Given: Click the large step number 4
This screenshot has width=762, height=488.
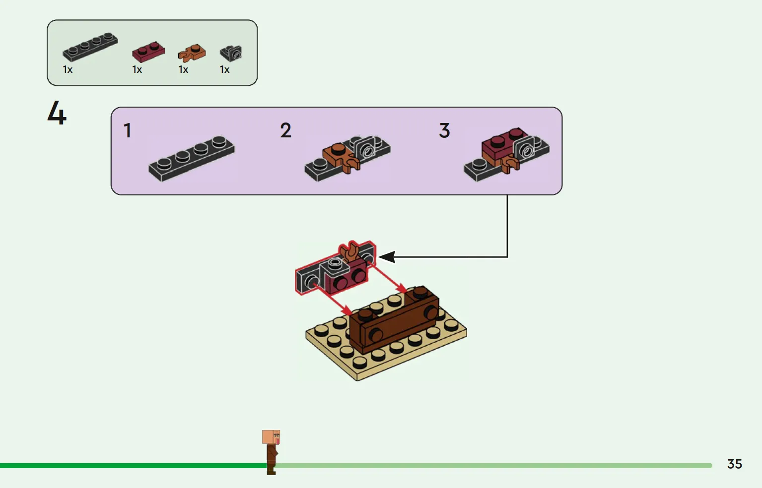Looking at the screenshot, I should click(x=57, y=113).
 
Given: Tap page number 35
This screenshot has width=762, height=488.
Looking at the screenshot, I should click(x=734, y=464).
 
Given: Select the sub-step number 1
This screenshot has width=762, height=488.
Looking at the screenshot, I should click(x=128, y=131).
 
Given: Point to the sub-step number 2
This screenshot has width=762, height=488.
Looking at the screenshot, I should click(x=285, y=131).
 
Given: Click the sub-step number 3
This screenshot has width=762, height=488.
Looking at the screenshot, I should click(x=444, y=131).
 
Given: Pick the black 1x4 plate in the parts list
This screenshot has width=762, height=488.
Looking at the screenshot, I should click(x=90, y=47).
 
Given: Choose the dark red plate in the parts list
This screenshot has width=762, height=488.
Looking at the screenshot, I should click(x=148, y=52).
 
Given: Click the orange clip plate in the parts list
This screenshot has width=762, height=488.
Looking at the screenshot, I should click(x=192, y=53).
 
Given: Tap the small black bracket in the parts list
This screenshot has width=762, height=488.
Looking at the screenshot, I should click(x=231, y=53).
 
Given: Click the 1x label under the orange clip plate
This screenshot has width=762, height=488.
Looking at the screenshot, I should click(x=183, y=70).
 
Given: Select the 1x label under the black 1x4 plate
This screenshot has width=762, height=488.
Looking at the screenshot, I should click(x=68, y=70).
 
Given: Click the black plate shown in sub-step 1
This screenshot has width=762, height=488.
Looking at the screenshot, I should click(x=192, y=158).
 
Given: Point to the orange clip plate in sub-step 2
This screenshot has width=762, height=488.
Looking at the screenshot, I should click(x=340, y=156).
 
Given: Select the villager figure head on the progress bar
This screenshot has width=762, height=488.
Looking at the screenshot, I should click(x=271, y=437).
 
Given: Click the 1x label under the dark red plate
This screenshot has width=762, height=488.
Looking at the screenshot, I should click(x=137, y=70).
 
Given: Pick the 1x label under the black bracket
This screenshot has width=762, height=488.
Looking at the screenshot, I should click(x=224, y=70).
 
